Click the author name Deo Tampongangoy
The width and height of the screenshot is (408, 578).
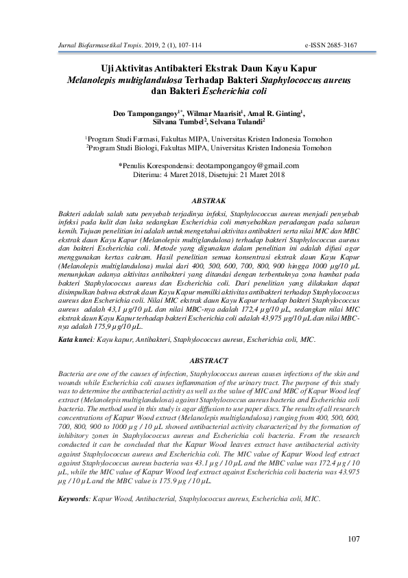pyautogui.click(x=145, y=112)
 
